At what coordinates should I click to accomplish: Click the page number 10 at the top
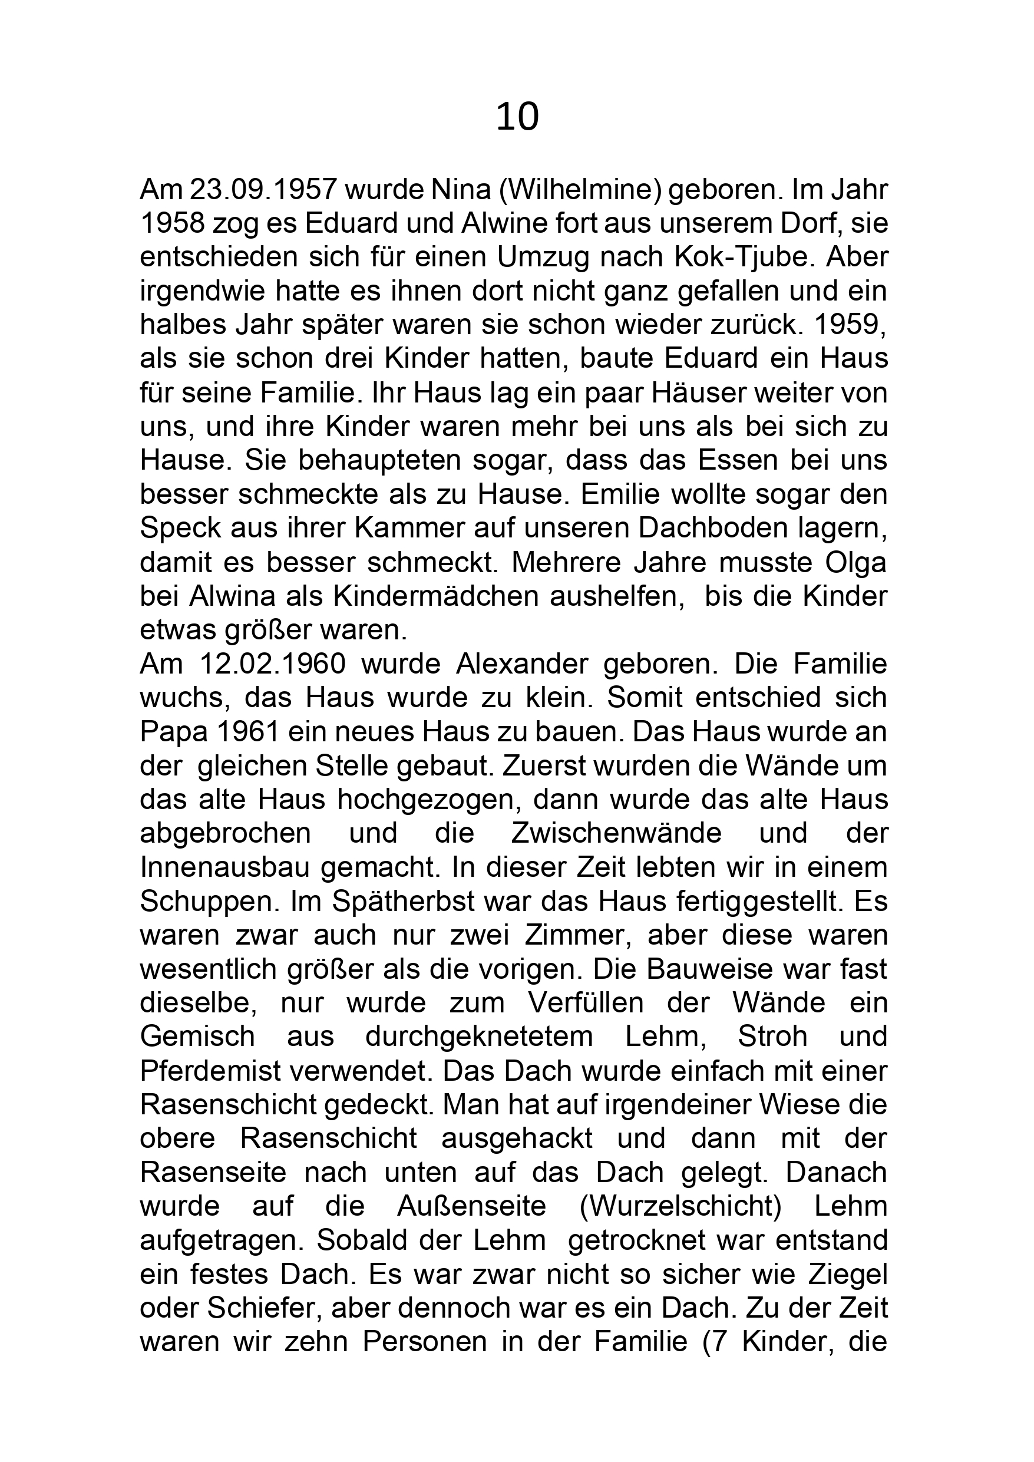[517, 118]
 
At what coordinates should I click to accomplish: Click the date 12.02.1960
[273, 664]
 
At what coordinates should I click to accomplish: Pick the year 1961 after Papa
[247, 732]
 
